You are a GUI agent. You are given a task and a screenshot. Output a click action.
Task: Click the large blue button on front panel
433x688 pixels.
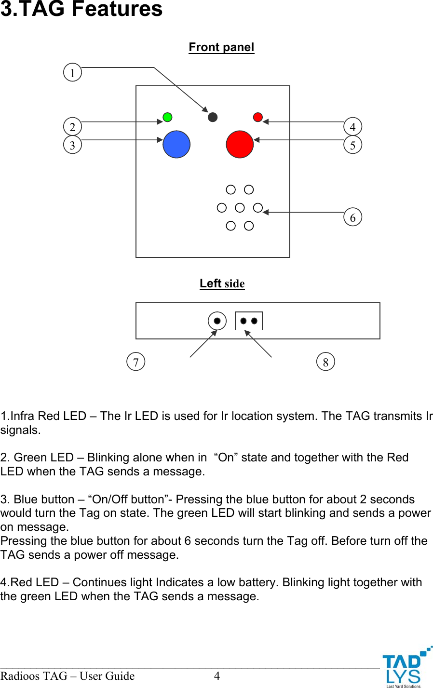click(x=176, y=145)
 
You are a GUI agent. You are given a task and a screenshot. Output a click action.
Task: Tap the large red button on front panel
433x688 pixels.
click(x=240, y=145)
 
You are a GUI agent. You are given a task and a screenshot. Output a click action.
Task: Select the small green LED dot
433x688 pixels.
click(x=167, y=117)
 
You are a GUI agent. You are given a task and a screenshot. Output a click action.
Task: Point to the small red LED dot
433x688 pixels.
click(x=258, y=117)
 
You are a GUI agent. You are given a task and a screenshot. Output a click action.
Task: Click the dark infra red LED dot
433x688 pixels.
click(x=213, y=117)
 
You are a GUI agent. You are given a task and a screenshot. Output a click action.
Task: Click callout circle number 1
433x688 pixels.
click(x=72, y=73)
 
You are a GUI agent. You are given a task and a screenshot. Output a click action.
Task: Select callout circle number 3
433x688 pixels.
click(x=72, y=145)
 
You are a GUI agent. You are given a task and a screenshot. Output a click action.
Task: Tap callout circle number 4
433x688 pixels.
click(x=352, y=127)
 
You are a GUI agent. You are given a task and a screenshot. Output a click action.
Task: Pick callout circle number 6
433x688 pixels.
click(x=352, y=217)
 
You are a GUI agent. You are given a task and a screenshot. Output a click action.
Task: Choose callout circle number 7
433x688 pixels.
click(x=135, y=362)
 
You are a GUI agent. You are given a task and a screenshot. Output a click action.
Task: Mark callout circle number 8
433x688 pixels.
click(x=325, y=362)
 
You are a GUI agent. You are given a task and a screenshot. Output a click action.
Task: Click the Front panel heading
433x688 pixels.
click(x=221, y=47)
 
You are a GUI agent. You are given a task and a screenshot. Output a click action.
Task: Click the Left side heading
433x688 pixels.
click(x=222, y=283)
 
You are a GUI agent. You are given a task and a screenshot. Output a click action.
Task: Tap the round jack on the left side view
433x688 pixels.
click(x=217, y=321)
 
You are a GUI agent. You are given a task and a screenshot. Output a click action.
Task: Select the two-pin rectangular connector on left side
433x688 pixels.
click(x=249, y=321)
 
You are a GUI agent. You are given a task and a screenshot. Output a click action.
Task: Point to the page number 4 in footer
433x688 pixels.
click(x=217, y=676)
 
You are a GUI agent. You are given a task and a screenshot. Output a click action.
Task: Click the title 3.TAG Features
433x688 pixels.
click(x=81, y=10)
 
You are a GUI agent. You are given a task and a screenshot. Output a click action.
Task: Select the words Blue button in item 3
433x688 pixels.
click(x=44, y=499)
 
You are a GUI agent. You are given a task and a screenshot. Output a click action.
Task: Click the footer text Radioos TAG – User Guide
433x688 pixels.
click(x=68, y=676)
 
